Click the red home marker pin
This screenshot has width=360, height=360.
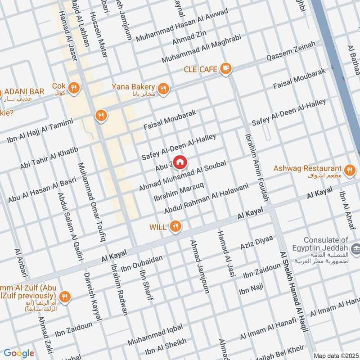tap(180, 162)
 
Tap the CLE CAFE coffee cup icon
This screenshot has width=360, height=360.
tap(225, 69)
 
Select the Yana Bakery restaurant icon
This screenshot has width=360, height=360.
tap(163, 89)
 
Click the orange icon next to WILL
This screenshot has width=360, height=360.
tap(176, 227)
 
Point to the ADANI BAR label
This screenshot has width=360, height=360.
tap(25, 91)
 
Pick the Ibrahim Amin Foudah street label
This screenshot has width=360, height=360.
tap(257, 166)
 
